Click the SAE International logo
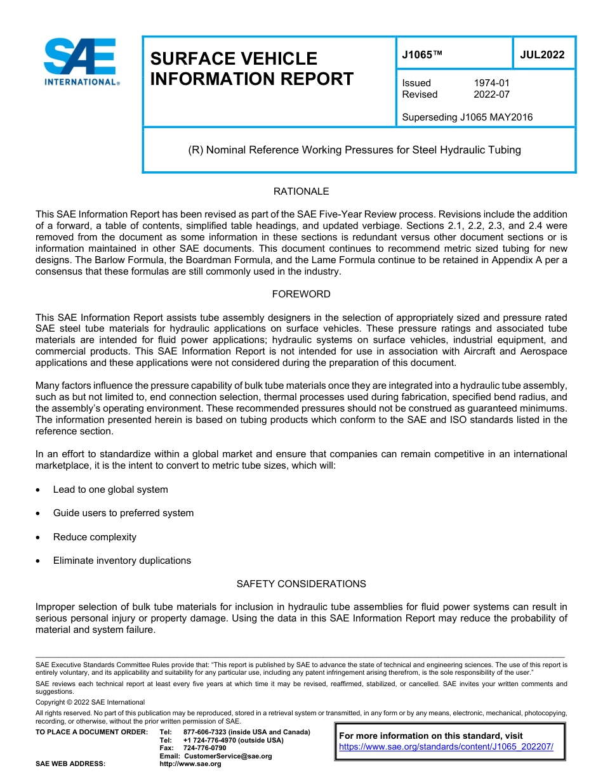[81, 62]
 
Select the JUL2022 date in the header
[542, 55]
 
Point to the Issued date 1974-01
[491, 83]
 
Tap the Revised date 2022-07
[491, 94]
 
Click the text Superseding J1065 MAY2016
[467, 117]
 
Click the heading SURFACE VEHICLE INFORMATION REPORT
[251, 68]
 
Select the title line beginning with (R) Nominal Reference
[354, 150]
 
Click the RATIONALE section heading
[301, 192]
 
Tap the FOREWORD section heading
[301, 294]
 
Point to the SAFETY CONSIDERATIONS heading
[301, 583]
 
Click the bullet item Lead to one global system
[110, 490]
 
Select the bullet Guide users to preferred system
[123, 513]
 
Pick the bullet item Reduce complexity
[95, 537]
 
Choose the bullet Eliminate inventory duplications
[122, 561]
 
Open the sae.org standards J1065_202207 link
[446, 747]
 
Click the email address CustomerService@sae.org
[227, 756]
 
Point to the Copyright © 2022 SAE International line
[90, 703]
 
